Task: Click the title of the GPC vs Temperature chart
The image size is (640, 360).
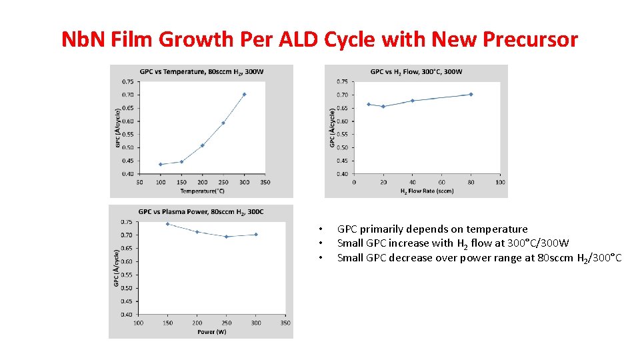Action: (201, 71)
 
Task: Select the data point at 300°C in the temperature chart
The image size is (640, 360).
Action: (244, 94)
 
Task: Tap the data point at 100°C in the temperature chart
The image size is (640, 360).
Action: (161, 164)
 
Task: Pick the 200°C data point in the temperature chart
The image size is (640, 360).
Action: (202, 145)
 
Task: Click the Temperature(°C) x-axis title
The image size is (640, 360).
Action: (201, 191)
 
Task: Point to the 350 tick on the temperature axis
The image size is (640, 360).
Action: (265, 181)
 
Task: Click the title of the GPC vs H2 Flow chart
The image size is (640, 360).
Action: (416, 71)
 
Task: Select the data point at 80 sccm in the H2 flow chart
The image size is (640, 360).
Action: (471, 94)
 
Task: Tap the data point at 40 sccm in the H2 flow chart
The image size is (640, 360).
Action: (413, 101)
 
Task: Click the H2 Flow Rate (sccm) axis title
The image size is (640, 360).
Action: (427, 191)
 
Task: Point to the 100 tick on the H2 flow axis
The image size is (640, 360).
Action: (500, 181)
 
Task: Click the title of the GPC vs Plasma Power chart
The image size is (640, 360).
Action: (201, 211)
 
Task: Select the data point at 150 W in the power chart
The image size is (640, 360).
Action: (167, 224)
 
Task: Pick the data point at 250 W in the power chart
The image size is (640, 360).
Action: (227, 236)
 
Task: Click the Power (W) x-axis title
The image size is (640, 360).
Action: (211, 331)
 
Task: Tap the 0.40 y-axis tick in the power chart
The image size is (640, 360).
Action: (126, 314)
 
